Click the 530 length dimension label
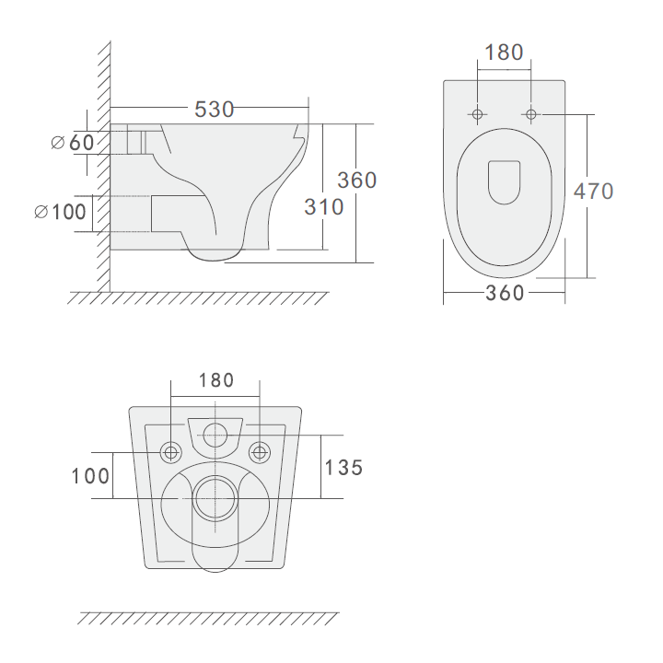[x=214, y=109]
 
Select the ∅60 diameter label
[x=73, y=143]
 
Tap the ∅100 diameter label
[x=60, y=212]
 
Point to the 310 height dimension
[x=324, y=207]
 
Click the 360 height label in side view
[x=357, y=180]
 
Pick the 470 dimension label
[x=593, y=192]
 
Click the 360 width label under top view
[x=505, y=293]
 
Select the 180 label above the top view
[x=504, y=52]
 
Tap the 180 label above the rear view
[x=216, y=380]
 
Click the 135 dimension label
[x=343, y=468]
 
